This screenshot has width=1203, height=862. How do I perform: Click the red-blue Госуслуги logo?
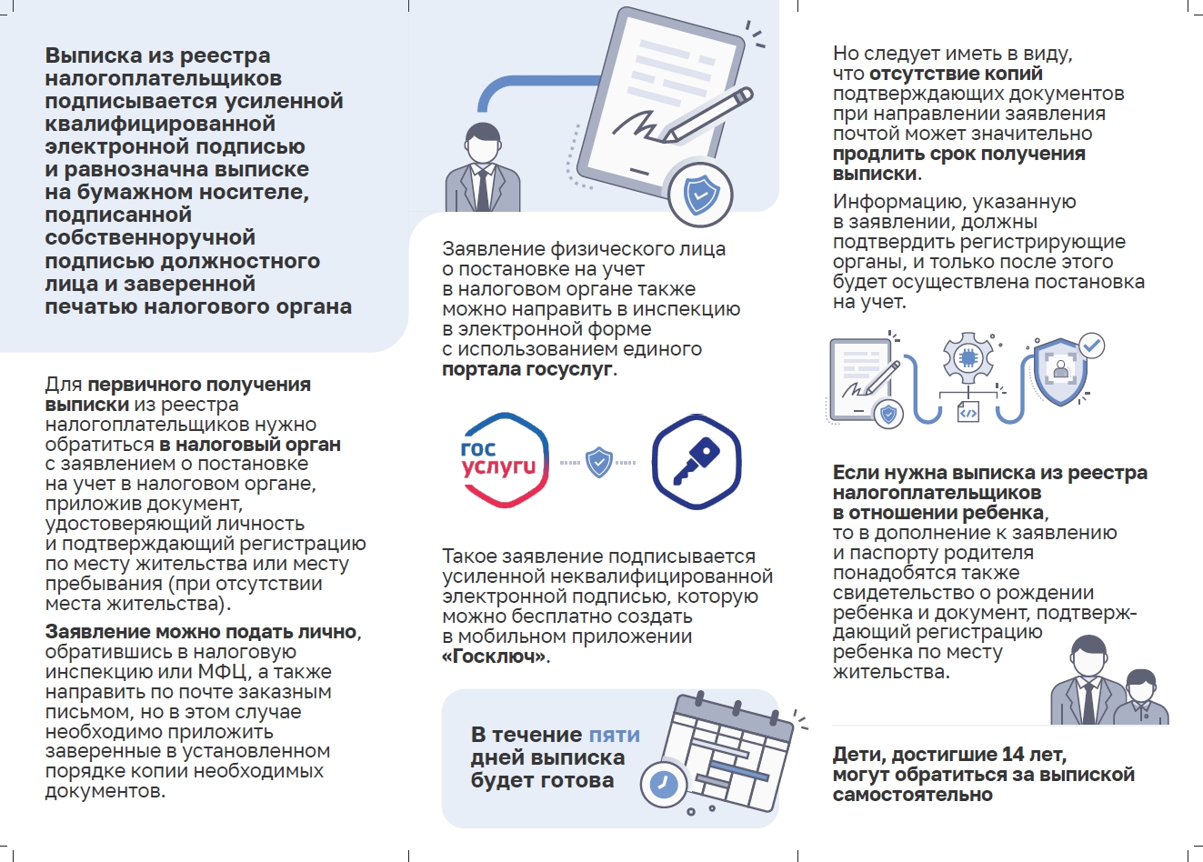(x=504, y=459)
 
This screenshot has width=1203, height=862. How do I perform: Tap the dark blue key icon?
(x=697, y=461)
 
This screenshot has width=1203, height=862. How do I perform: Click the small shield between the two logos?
(x=598, y=462)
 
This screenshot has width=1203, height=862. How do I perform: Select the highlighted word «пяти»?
(x=614, y=735)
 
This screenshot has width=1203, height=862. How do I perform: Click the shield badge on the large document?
(x=700, y=194)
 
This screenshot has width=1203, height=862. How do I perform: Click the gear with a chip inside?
(x=967, y=357)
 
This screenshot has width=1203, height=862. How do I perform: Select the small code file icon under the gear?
(x=967, y=412)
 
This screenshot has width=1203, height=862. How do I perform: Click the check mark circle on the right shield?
(x=1091, y=346)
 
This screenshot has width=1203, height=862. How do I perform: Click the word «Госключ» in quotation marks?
(x=495, y=657)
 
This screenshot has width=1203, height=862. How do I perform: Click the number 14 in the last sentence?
(x=1013, y=755)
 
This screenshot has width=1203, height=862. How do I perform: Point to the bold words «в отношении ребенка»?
(x=938, y=513)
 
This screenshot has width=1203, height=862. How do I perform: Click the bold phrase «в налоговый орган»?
(x=250, y=445)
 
